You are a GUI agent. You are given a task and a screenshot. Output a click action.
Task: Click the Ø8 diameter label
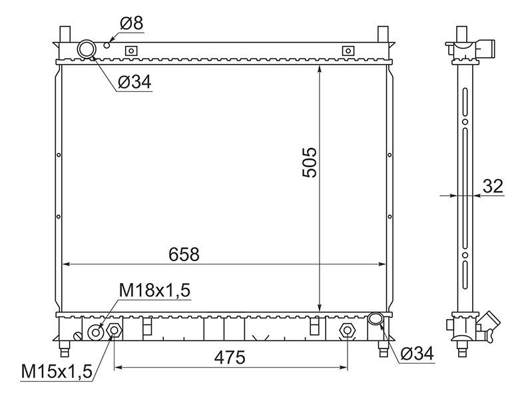click(132, 23)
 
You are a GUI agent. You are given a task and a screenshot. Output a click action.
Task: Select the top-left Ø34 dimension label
click(134, 82)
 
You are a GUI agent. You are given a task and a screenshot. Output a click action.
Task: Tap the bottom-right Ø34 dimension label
click(417, 354)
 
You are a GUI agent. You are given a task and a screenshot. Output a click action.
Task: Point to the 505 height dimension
click(310, 163)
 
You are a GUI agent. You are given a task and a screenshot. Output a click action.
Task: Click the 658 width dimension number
click(184, 254)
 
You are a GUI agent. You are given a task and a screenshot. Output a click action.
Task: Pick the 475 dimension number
click(230, 358)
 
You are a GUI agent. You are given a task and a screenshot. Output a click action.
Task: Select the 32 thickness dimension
click(493, 186)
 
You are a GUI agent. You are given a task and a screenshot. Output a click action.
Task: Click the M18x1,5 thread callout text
click(154, 290)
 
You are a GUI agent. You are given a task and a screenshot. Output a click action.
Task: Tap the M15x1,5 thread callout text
click(57, 372)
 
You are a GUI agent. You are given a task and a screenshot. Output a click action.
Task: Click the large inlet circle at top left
click(87, 49)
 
